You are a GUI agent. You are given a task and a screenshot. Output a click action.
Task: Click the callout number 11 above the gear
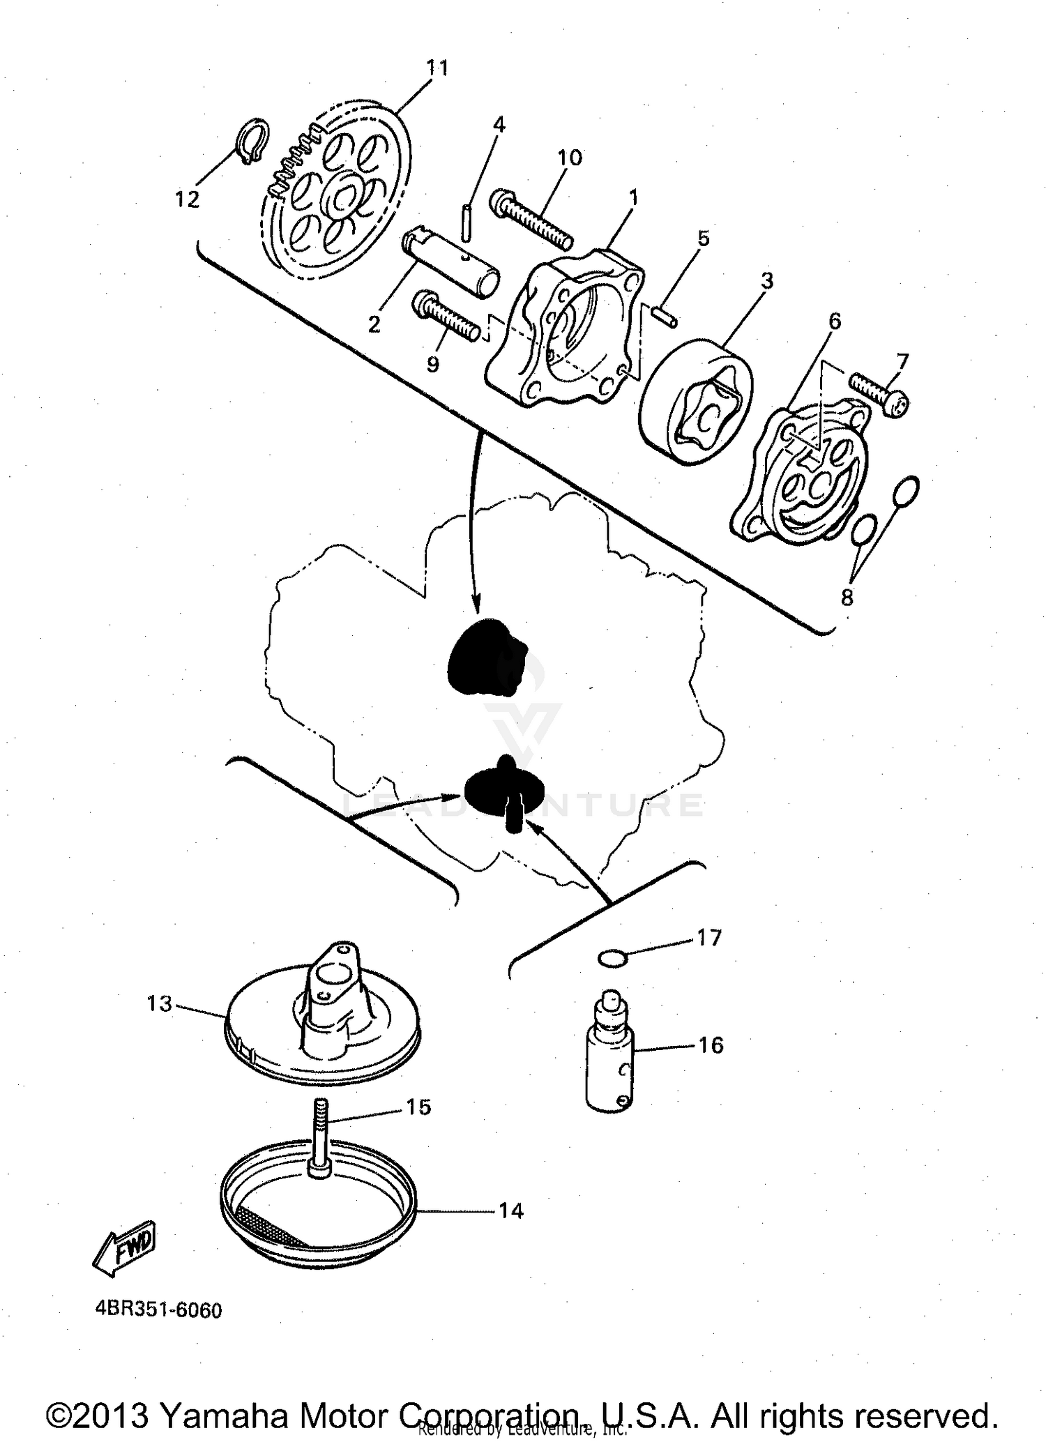coord(437,68)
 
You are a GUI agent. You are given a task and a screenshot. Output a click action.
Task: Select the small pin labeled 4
coord(466,222)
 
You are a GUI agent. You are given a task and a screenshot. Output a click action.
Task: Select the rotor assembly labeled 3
coord(695,401)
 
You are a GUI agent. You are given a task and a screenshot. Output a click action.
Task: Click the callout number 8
coord(847,598)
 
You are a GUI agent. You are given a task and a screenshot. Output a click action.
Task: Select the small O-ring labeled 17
coord(613,959)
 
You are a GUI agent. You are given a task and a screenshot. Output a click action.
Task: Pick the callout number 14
coord(510,1210)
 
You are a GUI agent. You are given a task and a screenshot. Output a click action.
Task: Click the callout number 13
coord(159,1004)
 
